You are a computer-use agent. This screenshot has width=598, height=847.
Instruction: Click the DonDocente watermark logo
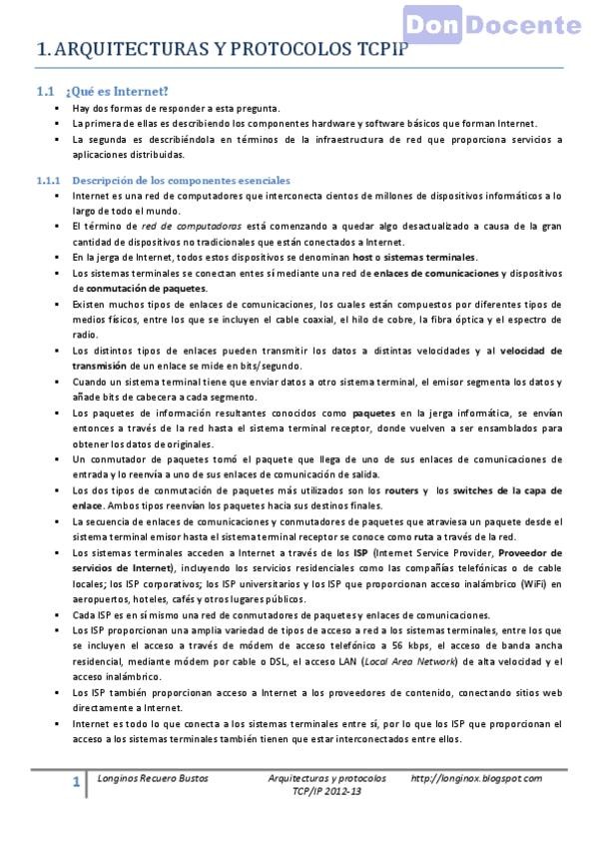(493, 25)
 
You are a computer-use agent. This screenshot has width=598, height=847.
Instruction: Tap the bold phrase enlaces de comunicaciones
(436, 273)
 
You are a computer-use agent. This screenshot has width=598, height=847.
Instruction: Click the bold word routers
(401, 490)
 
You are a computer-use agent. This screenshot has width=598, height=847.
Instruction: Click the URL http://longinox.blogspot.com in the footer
(476, 777)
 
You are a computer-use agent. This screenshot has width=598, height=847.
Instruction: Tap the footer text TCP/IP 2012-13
(326, 790)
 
